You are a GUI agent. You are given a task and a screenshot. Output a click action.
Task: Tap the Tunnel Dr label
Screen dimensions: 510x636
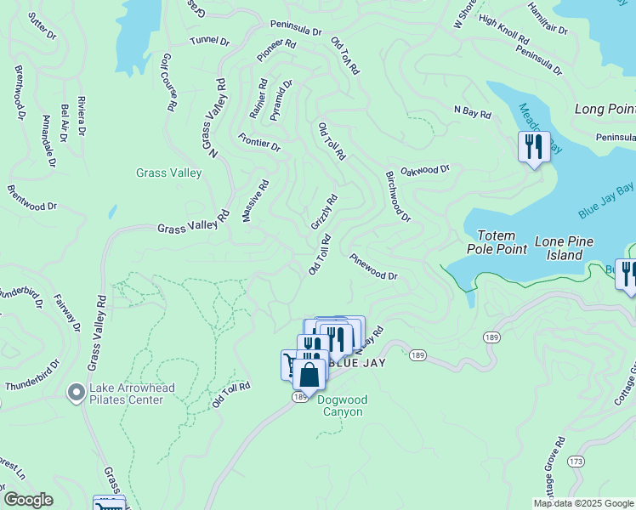tap(210, 41)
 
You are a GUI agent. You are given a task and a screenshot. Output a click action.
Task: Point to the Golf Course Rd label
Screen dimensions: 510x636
tap(168, 82)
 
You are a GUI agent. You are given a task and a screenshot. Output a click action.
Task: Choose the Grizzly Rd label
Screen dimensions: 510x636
tap(324, 212)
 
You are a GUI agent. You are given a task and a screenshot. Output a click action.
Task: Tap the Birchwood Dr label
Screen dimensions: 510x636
tap(398, 195)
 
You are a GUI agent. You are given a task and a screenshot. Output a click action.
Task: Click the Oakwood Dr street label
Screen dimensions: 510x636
tap(424, 170)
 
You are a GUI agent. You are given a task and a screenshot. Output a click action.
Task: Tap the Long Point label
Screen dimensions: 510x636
tap(605, 109)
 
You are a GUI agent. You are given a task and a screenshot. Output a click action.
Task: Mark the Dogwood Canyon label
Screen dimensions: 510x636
tap(341, 406)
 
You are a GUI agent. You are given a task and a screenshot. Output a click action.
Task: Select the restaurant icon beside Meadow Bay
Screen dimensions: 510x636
tap(534, 148)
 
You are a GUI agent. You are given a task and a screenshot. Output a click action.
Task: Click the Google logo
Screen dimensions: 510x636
tap(28, 500)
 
